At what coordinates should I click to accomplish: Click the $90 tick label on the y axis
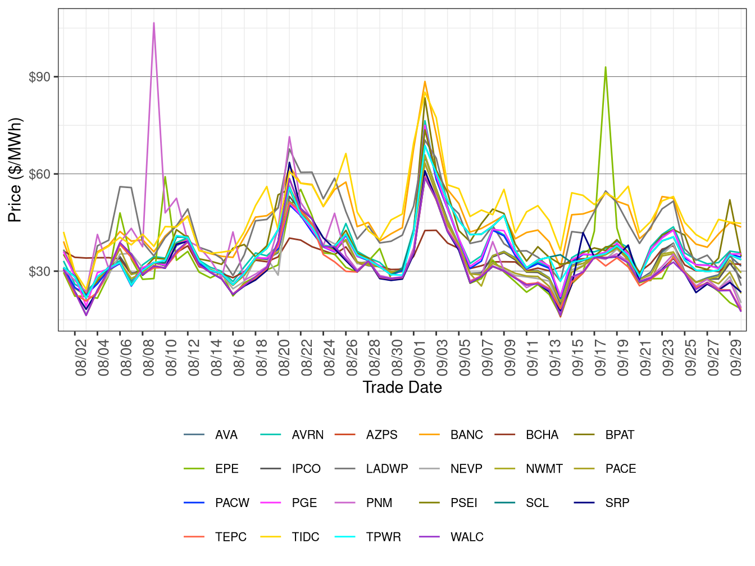(39, 77)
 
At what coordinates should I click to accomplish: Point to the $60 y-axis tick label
(39, 174)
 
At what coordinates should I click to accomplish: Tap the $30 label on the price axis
(39, 272)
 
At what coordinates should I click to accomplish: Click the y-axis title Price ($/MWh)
(15, 170)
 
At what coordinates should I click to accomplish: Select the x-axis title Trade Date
(402, 387)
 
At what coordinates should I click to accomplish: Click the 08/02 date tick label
(81, 357)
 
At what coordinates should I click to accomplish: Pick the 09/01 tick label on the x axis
(420, 357)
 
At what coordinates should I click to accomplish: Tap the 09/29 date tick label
(736, 357)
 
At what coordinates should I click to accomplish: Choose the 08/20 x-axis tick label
(285, 357)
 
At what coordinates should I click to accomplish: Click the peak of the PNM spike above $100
(154, 23)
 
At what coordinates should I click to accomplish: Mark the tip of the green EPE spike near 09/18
(605, 67)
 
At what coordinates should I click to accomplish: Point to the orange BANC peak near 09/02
(425, 81)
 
